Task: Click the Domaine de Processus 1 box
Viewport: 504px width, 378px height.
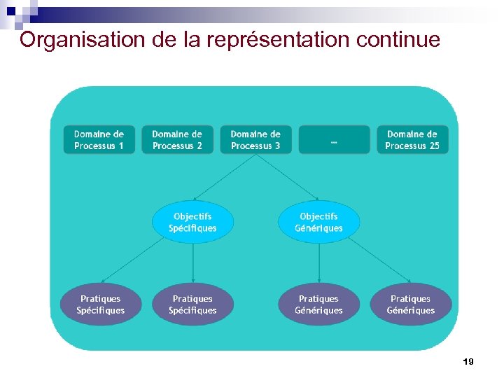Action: pos(99,140)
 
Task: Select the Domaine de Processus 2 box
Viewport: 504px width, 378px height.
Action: pos(177,140)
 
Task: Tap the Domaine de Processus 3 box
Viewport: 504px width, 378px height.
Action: pos(255,140)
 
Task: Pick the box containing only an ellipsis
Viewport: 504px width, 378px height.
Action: pos(334,140)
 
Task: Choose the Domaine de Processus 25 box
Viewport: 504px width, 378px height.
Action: pos(412,140)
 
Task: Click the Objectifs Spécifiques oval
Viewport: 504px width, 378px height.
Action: pos(192,223)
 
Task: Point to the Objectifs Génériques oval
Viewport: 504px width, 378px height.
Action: pos(319,223)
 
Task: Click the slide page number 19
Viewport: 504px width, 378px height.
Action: pos(468,362)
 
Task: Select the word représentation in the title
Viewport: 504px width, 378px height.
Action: pos(276,40)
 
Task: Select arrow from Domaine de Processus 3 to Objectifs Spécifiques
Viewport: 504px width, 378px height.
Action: pos(224,178)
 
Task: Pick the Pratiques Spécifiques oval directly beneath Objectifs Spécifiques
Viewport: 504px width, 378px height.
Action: pos(192,304)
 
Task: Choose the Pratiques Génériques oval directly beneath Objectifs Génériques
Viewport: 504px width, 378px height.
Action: pos(319,304)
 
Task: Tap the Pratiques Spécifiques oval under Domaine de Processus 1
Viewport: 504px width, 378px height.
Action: pos(101,304)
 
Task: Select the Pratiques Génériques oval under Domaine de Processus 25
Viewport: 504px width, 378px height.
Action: pos(411,304)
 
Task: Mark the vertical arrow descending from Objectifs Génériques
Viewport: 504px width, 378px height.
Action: pos(319,262)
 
